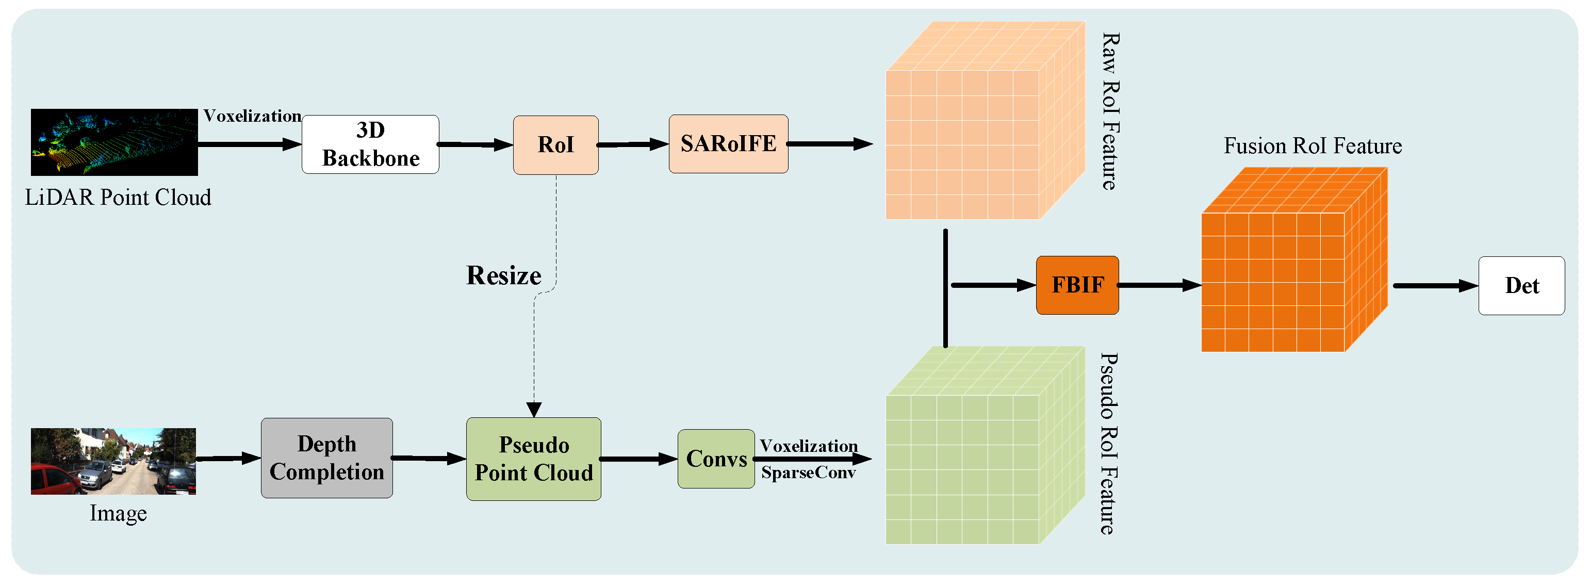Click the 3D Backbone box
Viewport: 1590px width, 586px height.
[x=370, y=144]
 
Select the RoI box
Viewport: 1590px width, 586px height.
[x=555, y=145]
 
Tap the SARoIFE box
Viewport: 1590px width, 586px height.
[x=728, y=144]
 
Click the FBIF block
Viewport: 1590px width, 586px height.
[x=1077, y=285]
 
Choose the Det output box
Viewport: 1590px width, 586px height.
[x=1521, y=286]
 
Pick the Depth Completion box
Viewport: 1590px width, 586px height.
[x=326, y=458]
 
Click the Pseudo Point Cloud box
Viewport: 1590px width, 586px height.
[x=533, y=459]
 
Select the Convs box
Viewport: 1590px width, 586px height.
[x=716, y=459]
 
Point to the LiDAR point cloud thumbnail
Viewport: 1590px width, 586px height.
[x=114, y=142]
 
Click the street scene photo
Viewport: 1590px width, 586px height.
[x=113, y=461]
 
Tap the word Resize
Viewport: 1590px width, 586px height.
[x=504, y=275]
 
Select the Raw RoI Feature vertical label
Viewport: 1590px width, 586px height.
[x=1110, y=111]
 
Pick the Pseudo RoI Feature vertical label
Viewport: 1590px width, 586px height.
[x=1109, y=443]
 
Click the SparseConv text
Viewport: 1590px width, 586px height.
[x=808, y=473]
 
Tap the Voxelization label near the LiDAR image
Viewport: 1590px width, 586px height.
[x=252, y=116]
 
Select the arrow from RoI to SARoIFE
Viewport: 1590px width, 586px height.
[x=633, y=144]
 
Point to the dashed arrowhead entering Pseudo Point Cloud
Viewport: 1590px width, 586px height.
[x=534, y=410]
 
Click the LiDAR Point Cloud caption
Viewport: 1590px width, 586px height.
[x=118, y=198]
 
